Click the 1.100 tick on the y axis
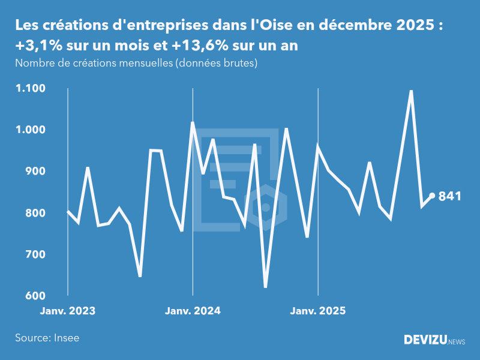pyautogui.click(x=30, y=89)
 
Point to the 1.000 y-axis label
pyautogui.click(x=30, y=130)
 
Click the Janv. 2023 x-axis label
pyautogui.click(x=68, y=311)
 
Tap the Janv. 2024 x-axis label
pyautogui.click(x=193, y=311)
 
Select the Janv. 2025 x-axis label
pyautogui.click(x=318, y=311)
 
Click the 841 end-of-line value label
pyautogui.click(x=450, y=196)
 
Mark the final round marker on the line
pyautogui.click(x=432, y=196)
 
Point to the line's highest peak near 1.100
pyautogui.click(x=411, y=91)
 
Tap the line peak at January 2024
pyautogui.click(x=193, y=123)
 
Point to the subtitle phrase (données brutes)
pyautogui.click(x=216, y=62)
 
